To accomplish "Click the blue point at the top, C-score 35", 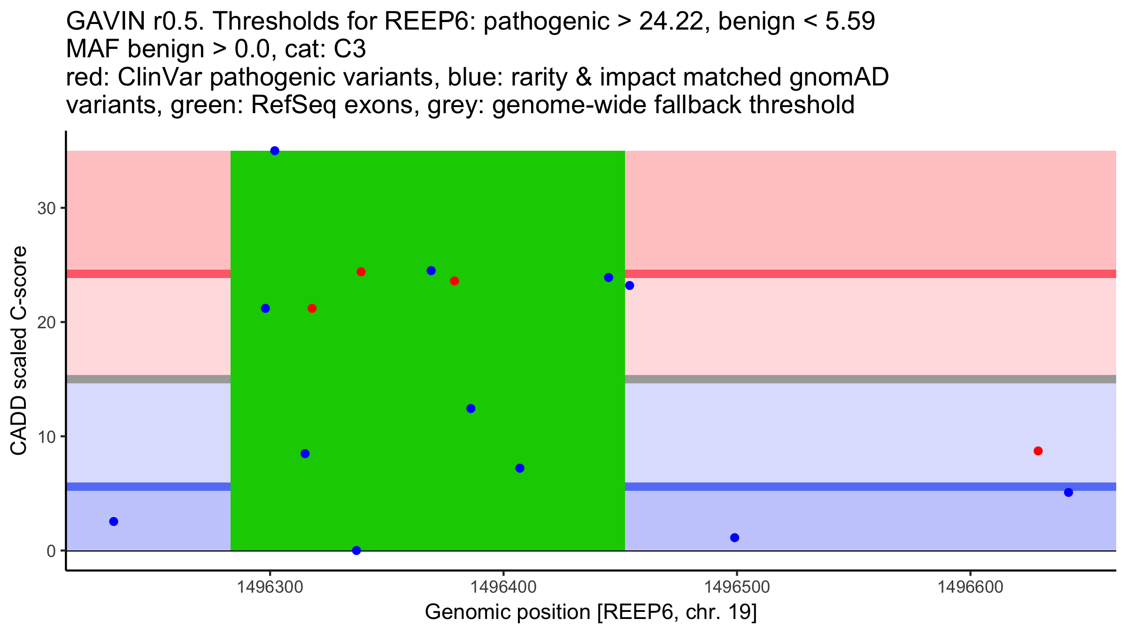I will pos(275,151).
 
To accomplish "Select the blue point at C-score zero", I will pos(356,550).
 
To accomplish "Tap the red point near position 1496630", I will pos(1038,451).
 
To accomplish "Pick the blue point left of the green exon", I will pos(114,521).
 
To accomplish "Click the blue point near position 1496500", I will pos(735,538).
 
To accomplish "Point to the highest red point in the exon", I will pos(361,272).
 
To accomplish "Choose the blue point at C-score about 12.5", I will pos(471,409).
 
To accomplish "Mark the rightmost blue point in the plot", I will pos(1068,492).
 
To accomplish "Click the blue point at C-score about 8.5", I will pos(305,454).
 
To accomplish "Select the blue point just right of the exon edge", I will pos(630,286).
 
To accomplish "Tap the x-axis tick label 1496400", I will pos(503,587).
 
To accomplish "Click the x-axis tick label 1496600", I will pos(970,587).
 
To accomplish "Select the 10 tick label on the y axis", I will pos(46,437).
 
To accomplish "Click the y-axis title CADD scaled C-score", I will pos(19,351).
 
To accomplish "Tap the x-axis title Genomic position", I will pos(591,612).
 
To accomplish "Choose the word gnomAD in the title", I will pos(839,77).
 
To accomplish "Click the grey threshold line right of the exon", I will pos(869,379).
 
